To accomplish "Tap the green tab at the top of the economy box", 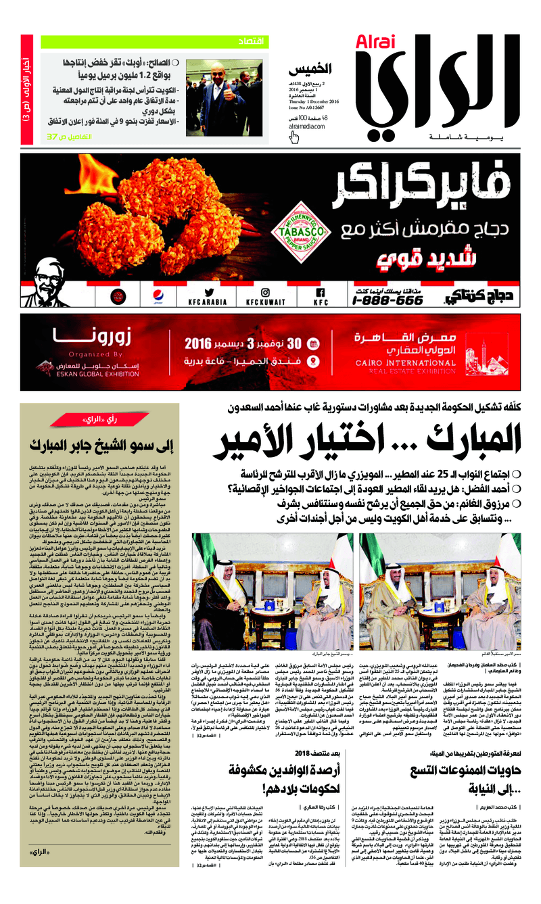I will click(252, 43).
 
